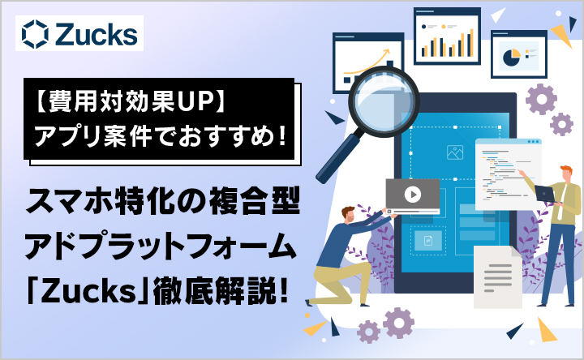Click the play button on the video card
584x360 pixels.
point(413,194)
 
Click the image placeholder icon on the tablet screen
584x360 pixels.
point(454,151)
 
